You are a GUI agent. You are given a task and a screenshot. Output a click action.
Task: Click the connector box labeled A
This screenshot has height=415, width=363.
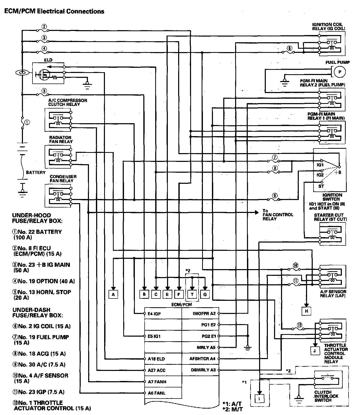tap(113, 294)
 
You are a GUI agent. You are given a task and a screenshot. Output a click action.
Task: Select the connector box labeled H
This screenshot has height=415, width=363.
tap(307, 311)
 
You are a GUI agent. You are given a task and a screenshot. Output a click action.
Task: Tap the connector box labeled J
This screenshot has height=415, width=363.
tap(315, 351)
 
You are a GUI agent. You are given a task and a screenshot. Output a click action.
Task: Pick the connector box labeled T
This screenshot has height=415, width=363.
tap(192, 294)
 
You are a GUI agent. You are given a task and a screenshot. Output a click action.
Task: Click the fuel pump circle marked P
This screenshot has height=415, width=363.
tap(340, 72)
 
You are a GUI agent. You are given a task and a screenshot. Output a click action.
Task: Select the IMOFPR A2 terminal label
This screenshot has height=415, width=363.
tap(204, 313)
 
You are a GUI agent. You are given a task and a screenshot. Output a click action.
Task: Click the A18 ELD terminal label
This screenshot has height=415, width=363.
tap(156, 359)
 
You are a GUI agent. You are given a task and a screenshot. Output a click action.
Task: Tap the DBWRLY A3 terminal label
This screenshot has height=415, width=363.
tap(203, 370)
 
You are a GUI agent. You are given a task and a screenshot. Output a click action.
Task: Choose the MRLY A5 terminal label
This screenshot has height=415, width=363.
tap(206, 347)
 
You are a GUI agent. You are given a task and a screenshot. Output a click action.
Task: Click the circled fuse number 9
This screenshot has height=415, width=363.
tap(275, 195)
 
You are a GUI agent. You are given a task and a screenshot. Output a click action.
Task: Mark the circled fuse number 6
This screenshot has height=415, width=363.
tap(289, 48)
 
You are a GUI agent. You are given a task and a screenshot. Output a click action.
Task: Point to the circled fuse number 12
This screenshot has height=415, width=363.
tap(299, 325)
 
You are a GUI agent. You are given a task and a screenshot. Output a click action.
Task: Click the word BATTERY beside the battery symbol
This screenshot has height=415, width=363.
tap(36, 172)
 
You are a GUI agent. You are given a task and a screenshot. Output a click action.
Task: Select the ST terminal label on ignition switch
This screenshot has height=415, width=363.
tap(321, 186)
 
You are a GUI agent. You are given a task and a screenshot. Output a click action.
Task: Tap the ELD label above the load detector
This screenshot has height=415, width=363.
tap(48, 60)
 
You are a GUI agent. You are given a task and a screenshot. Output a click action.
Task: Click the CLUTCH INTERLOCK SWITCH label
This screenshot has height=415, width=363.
tap(326, 396)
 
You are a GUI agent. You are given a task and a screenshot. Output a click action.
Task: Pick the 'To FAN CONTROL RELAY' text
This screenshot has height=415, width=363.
tap(278, 214)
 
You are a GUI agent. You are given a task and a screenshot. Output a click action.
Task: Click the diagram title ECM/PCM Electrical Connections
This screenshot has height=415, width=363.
tap(54, 11)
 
